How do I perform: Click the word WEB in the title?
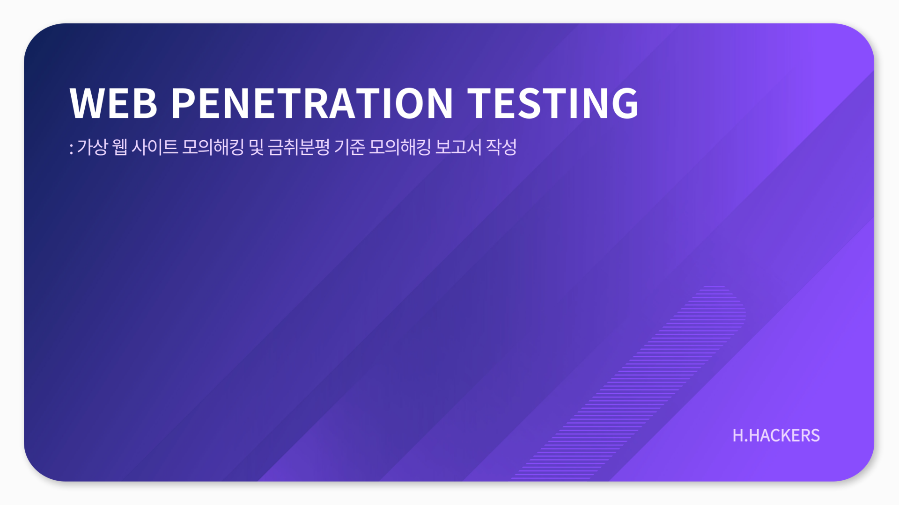click(113, 103)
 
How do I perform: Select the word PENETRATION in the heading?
click(312, 103)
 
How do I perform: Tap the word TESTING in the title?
click(553, 103)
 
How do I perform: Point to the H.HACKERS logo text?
click(776, 436)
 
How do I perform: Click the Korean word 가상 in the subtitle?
click(92, 147)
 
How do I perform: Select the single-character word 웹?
click(120, 147)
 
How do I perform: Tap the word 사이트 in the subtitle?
click(155, 147)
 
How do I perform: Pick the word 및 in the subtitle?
click(256, 147)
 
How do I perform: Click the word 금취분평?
click(299, 147)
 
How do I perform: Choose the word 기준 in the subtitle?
click(349, 147)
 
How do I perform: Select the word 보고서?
click(458, 147)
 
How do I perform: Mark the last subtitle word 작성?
click(501, 147)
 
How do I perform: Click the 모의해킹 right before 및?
click(213, 147)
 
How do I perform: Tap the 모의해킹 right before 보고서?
click(400, 147)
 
